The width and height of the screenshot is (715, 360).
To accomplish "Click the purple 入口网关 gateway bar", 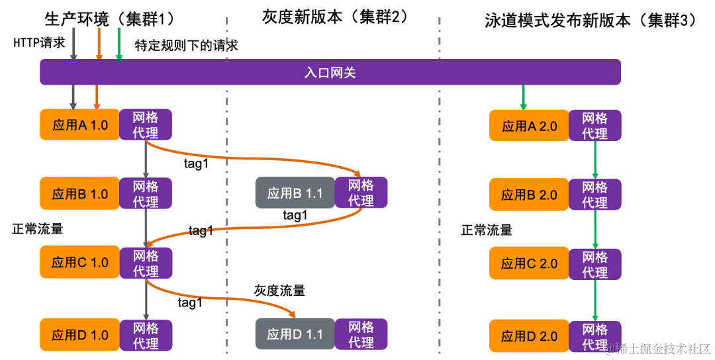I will click(x=330, y=72).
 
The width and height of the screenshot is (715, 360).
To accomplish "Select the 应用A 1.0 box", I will click(x=79, y=124).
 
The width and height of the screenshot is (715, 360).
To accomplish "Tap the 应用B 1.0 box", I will click(x=79, y=194).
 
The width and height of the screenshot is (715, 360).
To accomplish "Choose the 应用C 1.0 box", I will click(x=79, y=263).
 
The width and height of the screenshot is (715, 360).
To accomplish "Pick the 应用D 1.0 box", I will click(x=79, y=335).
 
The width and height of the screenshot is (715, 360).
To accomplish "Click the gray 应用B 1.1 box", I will click(x=295, y=193).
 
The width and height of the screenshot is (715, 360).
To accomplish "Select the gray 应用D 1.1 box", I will click(x=295, y=334).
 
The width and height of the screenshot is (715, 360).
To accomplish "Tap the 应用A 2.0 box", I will click(x=529, y=126).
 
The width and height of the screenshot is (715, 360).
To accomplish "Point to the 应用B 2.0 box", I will click(x=529, y=195).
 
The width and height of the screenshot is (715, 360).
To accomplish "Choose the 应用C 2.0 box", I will click(x=529, y=263).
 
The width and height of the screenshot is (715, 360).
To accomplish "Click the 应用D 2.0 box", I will click(x=529, y=336).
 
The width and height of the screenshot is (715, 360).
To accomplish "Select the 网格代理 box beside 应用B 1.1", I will click(x=361, y=193).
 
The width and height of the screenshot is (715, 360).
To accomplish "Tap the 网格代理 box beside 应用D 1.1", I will click(x=361, y=334).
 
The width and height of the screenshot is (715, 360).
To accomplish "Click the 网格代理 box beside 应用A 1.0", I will click(x=146, y=124).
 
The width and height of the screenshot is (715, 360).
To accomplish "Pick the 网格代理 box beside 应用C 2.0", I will click(x=595, y=264).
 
